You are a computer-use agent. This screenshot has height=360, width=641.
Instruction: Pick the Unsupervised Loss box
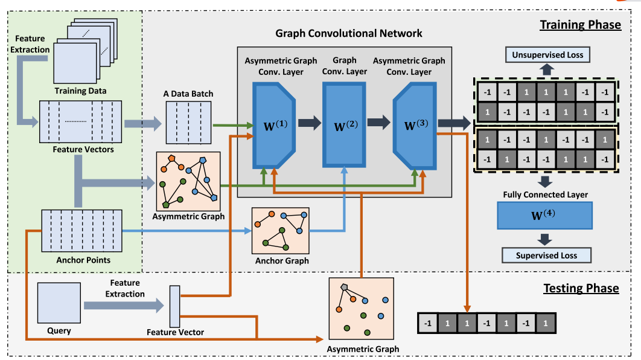click(x=547, y=56)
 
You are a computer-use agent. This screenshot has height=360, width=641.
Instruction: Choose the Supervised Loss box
click(x=546, y=255)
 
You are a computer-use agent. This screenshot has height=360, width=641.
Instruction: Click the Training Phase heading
click(x=579, y=25)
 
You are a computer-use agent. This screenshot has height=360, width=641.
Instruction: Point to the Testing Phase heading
click(x=581, y=288)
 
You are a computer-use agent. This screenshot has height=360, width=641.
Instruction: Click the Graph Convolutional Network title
click(x=349, y=33)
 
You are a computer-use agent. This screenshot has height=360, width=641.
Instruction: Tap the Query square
click(x=59, y=304)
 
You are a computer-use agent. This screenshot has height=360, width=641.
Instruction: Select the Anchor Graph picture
click(x=280, y=232)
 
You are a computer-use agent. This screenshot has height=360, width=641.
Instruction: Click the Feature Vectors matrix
click(x=80, y=122)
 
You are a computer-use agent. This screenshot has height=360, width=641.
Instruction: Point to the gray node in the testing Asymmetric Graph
click(x=344, y=287)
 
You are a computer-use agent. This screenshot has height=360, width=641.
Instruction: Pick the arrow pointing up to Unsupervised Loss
click(x=547, y=70)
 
